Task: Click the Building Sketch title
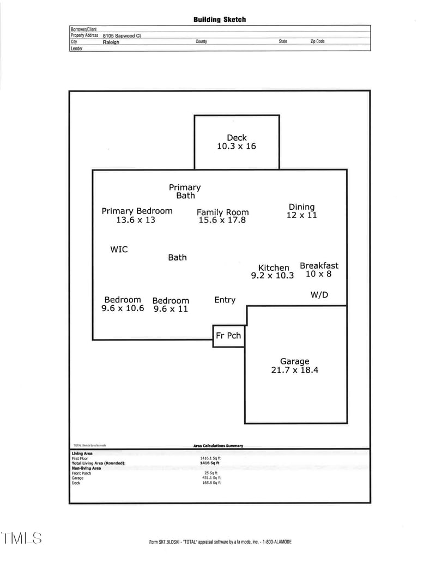(220, 20)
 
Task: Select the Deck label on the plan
(237, 138)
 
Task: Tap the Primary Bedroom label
(137, 211)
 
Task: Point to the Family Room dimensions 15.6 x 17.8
(222, 220)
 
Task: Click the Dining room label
(302, 207)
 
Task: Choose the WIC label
(119, 249)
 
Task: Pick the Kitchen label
(274, 268)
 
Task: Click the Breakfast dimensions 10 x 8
(318, 274)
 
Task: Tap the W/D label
(319, 295)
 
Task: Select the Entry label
(225, 300)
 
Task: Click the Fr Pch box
(229, 336)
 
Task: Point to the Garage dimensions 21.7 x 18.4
(295, 370)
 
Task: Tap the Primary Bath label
(185, 191)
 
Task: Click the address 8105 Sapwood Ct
(122, 35)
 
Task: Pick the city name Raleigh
(111, 42)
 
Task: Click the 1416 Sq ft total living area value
(210, 463)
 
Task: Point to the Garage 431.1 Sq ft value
(211, 478)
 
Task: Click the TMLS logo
(22, 538)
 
